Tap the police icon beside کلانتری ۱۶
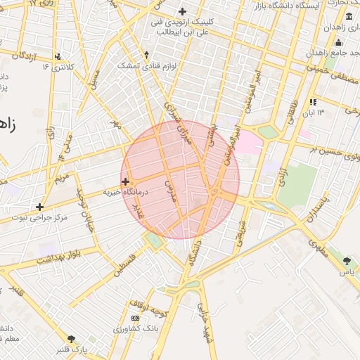[x=58, y=56]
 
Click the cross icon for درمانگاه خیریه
[x=125, y=181]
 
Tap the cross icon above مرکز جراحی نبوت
[x=39, y=207]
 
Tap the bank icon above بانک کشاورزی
[x=135, y=319]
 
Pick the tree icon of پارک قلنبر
[x=70, y=339]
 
